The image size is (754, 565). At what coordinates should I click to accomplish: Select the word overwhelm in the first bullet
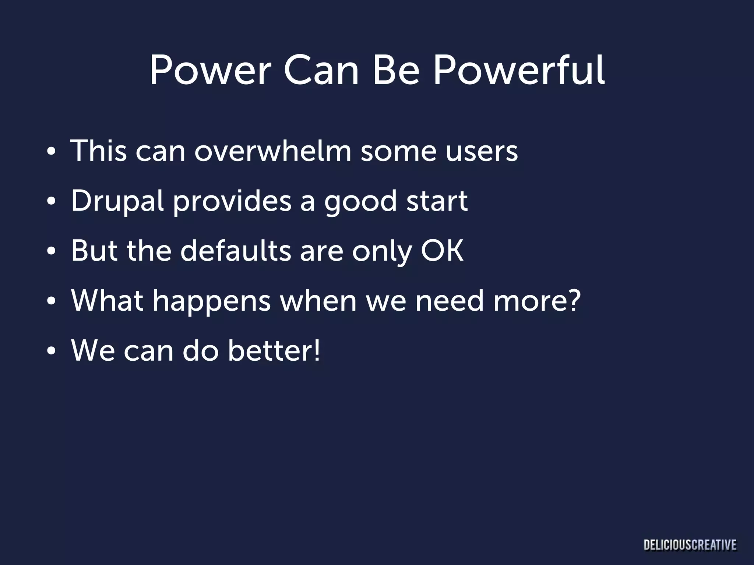(x=272, y=151)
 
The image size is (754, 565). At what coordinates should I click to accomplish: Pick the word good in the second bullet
(x=360, y=202)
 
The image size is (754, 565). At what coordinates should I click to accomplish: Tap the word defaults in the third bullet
(x=236, y=251)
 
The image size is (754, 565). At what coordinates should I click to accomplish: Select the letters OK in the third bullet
(x=442, y=251)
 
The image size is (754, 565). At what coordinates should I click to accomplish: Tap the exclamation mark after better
(x=317, y=350)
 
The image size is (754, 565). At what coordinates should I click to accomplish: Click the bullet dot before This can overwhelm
(x=51, y=152)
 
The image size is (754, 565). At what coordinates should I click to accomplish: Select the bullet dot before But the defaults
(x=51, y=252)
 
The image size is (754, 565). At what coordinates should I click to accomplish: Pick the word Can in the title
(x=321, y=71)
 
